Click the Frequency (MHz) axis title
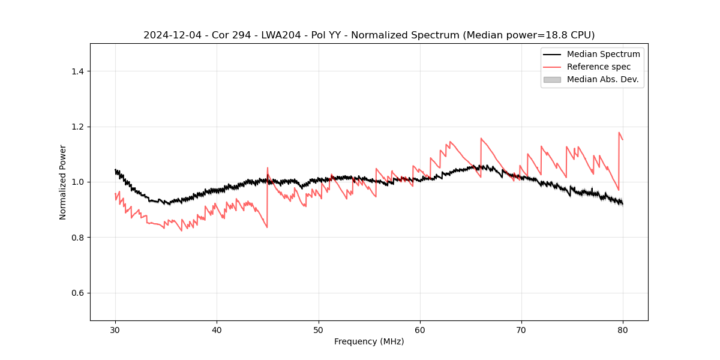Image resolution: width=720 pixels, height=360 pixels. [369, 341]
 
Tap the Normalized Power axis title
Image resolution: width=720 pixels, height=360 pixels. [63, 182]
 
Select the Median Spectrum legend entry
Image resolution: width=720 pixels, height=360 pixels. [603, 54]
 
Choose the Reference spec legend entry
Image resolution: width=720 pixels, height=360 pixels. [598, 67]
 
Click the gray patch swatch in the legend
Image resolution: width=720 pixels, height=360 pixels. [551, 79]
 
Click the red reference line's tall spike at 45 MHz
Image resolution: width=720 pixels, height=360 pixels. [268, 169]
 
